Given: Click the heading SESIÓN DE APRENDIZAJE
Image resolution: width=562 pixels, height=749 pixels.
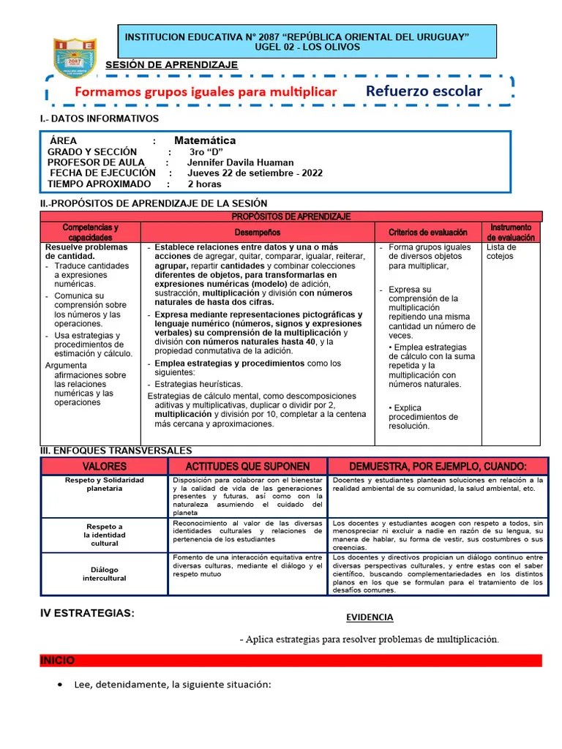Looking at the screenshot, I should pyautogui.click(x=172, y=65).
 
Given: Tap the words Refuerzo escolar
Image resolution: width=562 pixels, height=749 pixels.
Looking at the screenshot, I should pyautogui.click(x=424, y=91).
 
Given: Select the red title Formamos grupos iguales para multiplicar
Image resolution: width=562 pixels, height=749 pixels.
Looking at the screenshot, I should pyautogui.click(x=206, y=92).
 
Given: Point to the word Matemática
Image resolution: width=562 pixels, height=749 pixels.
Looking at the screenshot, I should pyautogui.click(x=205, y=140).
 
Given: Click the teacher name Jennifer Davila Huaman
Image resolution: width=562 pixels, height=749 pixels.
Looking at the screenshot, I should pyautogui.click(x=241, y=162).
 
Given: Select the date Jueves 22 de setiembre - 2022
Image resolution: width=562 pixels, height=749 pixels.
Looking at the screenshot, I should pyautogui.click(x=255, y=173).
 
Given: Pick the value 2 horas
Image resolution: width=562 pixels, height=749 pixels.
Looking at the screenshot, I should pyautogui.click(x=204, y=184).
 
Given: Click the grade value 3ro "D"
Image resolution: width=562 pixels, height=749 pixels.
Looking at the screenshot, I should pyautogui.click(x=206, y=151).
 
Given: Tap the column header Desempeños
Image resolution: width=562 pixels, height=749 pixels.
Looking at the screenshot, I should pyautogui.click(x=257, y=233).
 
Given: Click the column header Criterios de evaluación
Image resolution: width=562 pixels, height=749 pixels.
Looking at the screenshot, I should pyautogui.click(x=427, y=233).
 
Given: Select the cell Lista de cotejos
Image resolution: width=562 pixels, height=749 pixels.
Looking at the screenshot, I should pyautogui.click(x=501, y=252).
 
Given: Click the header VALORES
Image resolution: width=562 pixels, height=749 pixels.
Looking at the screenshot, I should pyautogui.click(x=104, y=467).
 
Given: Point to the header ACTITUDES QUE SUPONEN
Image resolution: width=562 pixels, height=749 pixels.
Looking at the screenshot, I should pyautogui.click(x=247, y=467).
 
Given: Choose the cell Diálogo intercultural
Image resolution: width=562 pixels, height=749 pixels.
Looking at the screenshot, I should pyautogui.click(x=104, y=573).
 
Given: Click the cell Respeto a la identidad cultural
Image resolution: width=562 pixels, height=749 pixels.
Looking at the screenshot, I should pyautogui.click(x=104, y=535).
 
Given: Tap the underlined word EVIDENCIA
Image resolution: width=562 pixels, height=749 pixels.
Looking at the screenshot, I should pyautogui.click(x=370, y=617).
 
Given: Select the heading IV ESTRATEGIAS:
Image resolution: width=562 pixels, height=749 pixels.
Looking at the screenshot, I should pyautogui.click(x=87, y=613).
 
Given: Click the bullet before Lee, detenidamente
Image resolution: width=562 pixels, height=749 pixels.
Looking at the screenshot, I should pyautogui.click(x=59, y=685).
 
